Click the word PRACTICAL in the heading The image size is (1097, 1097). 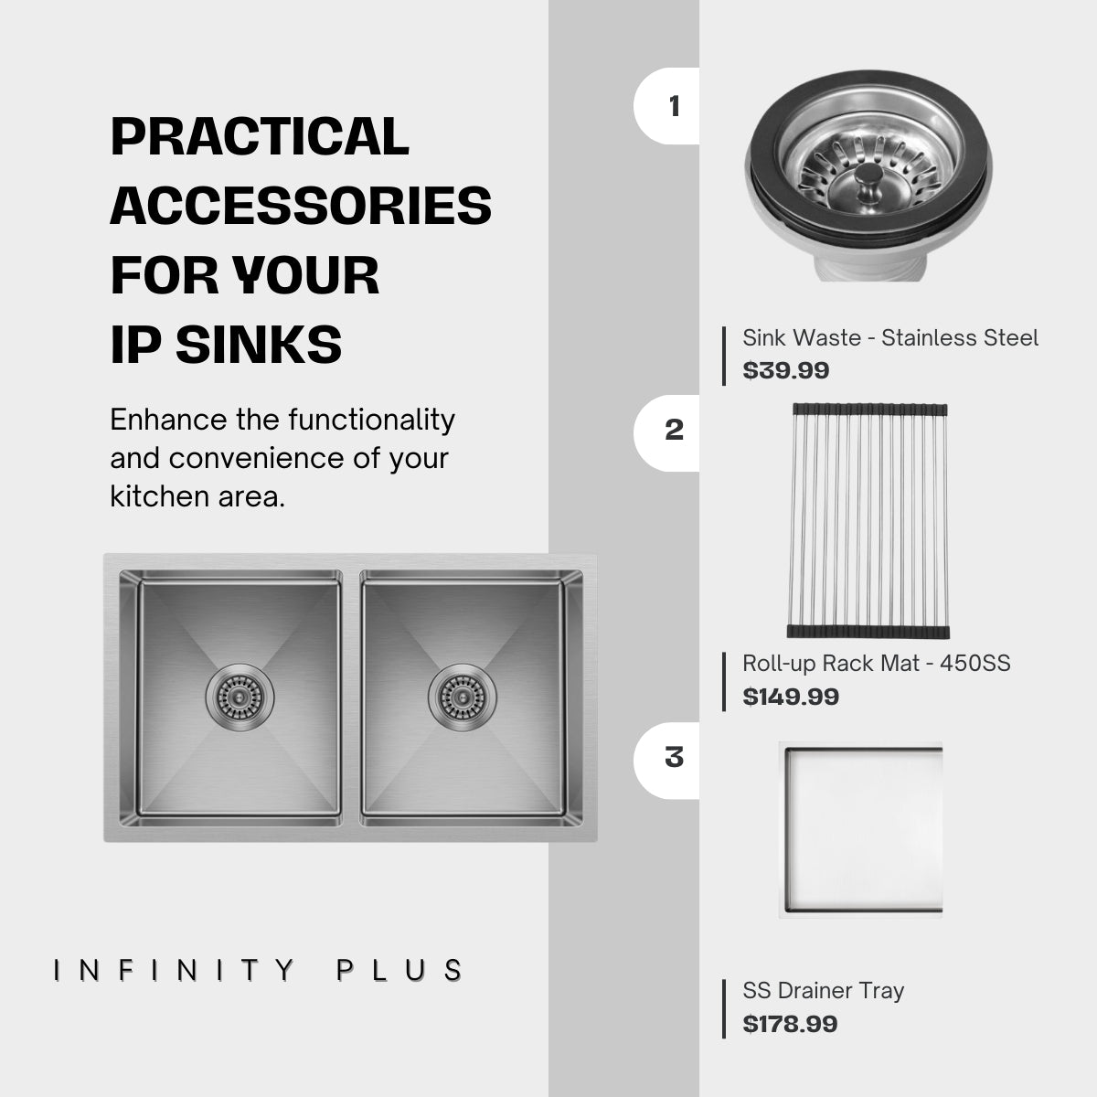click(260, 137)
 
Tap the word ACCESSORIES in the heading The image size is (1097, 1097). click(301, 206)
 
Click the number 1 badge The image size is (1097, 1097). click(674, 106)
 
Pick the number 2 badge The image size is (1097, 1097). click(674, 430)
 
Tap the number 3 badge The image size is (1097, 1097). click(674, 757)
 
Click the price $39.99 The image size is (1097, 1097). click(786, 370)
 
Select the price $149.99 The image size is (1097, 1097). click(791, 697)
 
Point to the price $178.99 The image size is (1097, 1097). click(790, 1024)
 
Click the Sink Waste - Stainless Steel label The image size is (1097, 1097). click(889, 338)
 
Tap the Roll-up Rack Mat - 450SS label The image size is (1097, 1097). click(876, 664)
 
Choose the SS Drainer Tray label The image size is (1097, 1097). click(823, 991)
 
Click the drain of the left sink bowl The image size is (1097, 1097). click(240, 697)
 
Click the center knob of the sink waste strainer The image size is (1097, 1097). click(869, 172)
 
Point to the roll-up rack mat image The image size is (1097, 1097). click(868, 521)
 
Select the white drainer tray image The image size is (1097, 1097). click(861, 829)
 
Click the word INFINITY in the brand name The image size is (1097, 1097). click(174, 971)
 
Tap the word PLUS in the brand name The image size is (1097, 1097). click(400, 971)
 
